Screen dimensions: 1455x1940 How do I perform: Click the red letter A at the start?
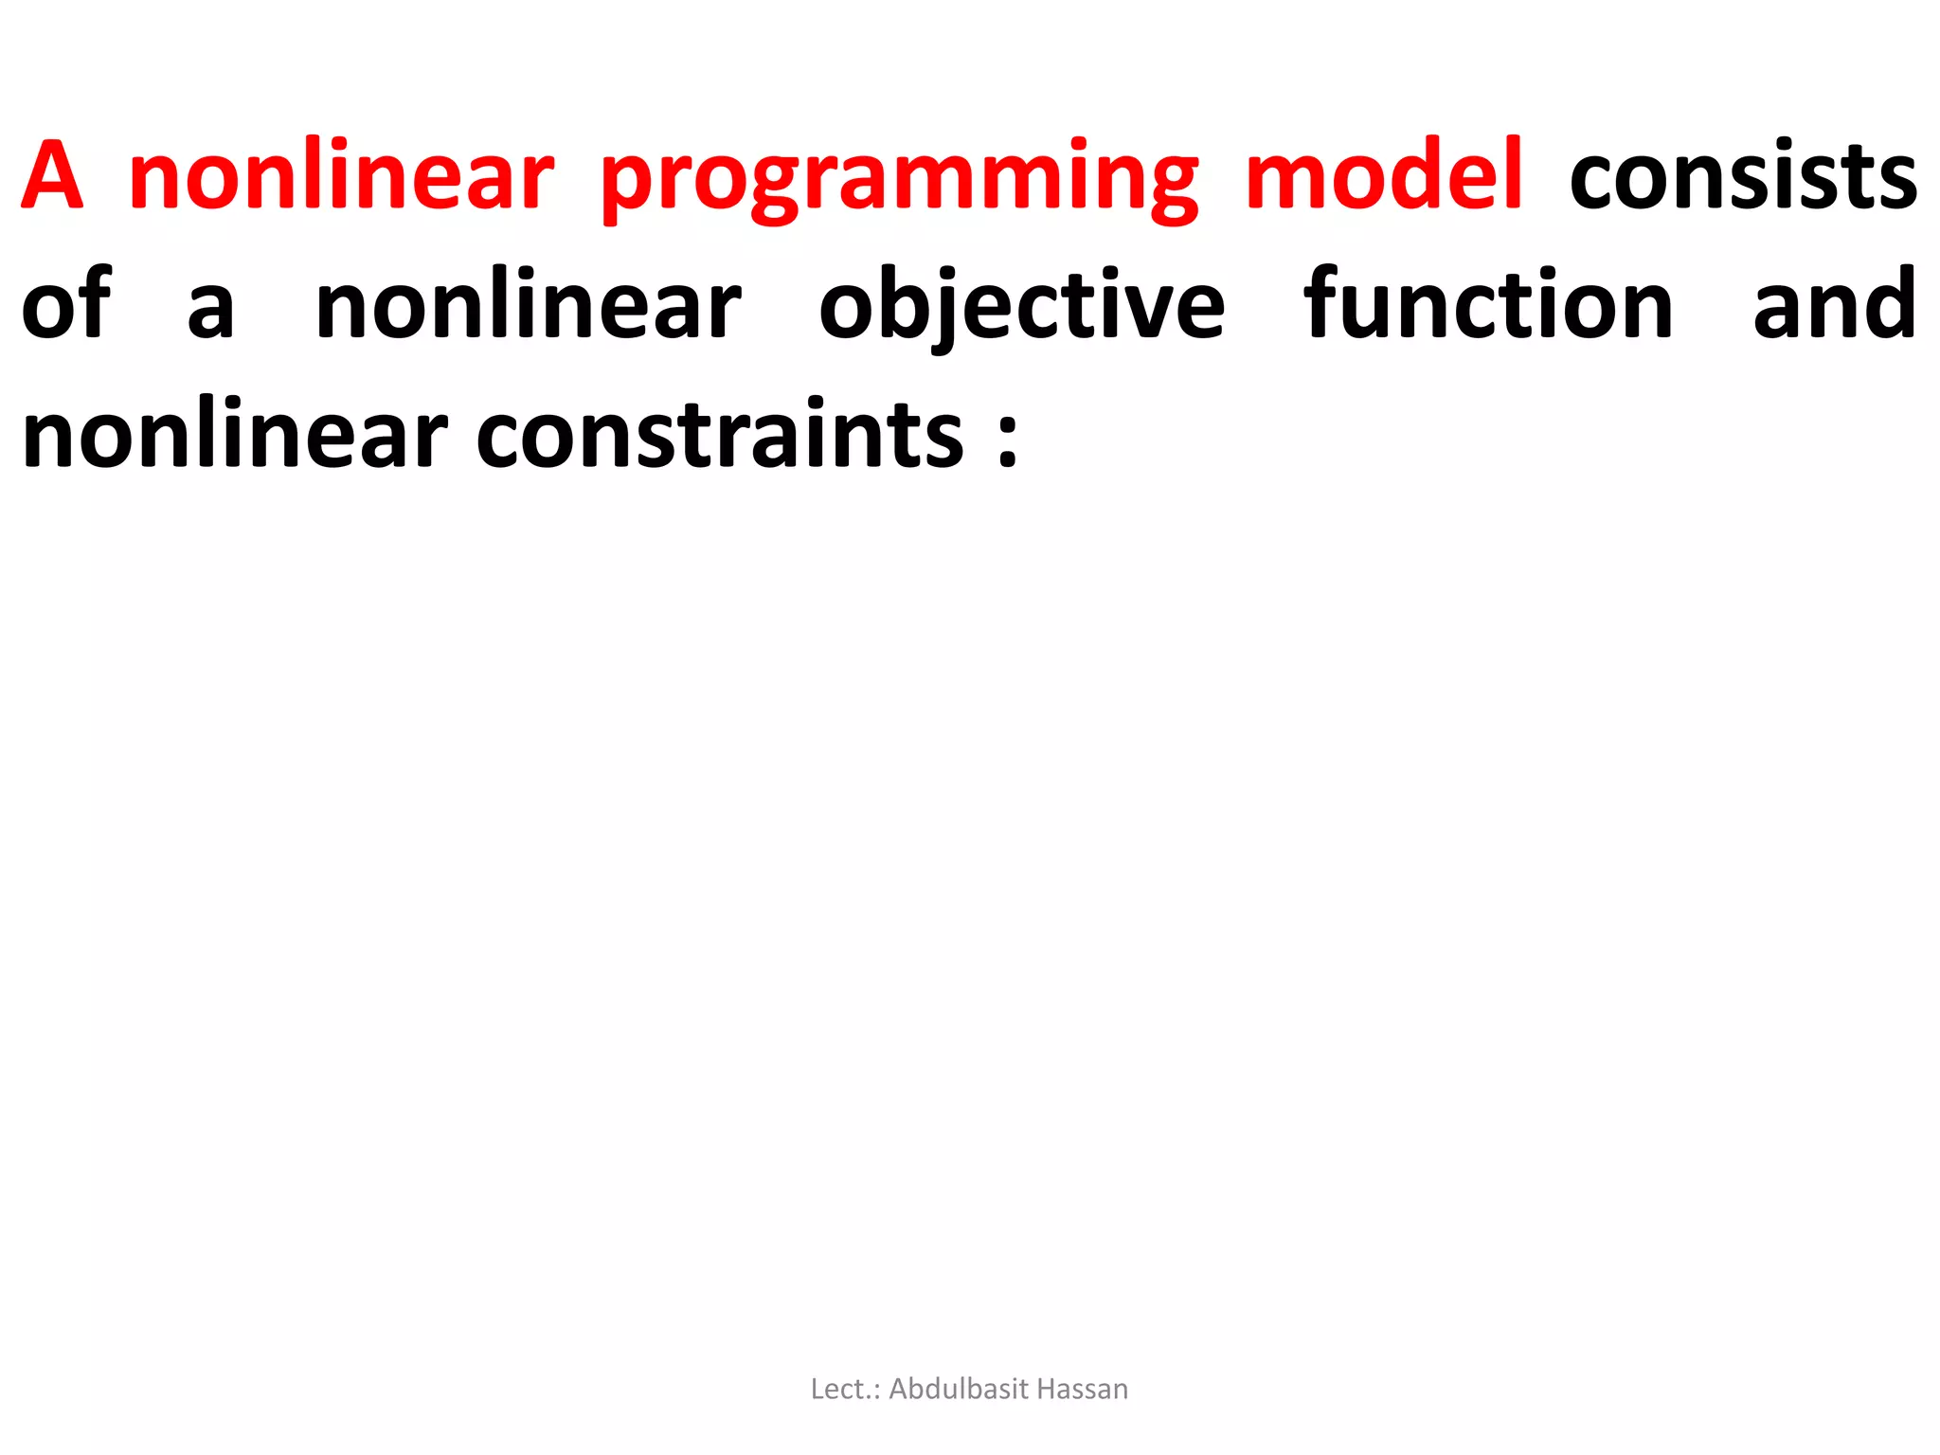pyautogui.click(x=53, y=176)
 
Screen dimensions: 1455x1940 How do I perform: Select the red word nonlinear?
pyautogui.click(x=341, y=176)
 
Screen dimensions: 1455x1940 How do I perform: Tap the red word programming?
pyautogui.click(x=900, y=180)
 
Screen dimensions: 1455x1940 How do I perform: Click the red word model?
pyautogui.click(x=1384, y=176)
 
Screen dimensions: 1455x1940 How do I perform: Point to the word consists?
pyautogui.click(x=1743, y=176)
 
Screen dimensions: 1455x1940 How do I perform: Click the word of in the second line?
pyautogui.click(x=66, y=305)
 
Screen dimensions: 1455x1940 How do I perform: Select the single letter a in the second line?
pyautogui.click(x=210, y=309)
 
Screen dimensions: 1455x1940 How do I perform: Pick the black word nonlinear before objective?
pyautogui.click(x=529, y=305)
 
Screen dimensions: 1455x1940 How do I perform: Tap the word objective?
pyautogui.click(x=1022, y=305)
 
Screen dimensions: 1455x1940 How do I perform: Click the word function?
pyautogui.click(x=1488, y=305)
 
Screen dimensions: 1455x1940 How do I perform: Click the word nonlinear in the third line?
pyautogui.click(x=234, y=436)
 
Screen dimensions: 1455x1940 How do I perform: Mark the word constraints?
pyautogui.click(x=720, y=436)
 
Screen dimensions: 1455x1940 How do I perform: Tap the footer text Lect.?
pyautogui.click(x=846, y=1389)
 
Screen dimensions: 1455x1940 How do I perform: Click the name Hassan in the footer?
pyautogui.click(x=1083, y=1389)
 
